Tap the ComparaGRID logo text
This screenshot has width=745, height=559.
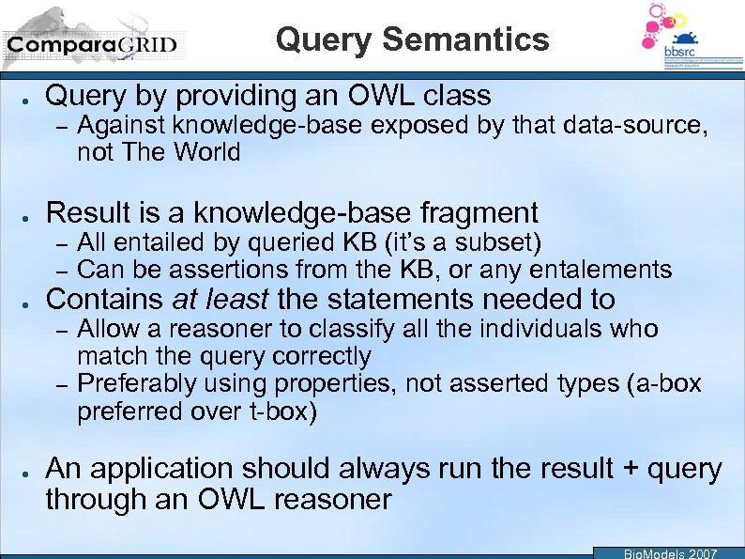91,44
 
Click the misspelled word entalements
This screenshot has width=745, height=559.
601,271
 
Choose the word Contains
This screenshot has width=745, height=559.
104,300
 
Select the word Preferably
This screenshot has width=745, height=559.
135,384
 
